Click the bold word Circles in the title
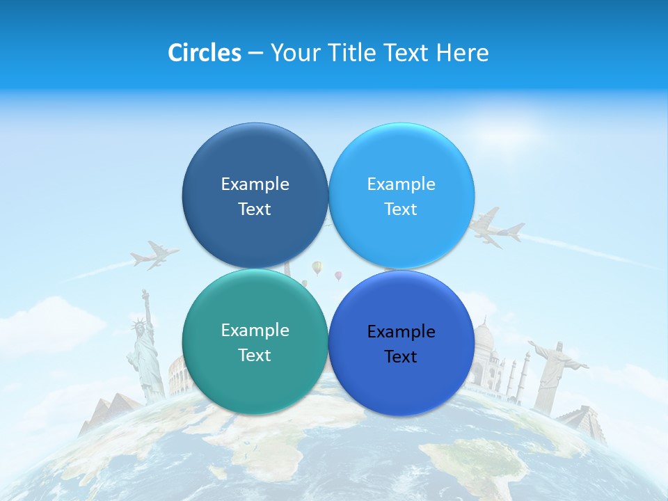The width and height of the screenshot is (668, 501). coord(204,53)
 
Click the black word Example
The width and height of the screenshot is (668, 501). coord(401,331)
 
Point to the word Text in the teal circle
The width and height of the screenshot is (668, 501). coord(255,355)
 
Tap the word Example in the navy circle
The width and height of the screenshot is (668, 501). coord(255,184)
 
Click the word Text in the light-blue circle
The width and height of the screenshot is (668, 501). coord(401,209)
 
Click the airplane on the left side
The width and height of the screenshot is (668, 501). coord(154,255)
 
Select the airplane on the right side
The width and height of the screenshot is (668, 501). coord(495,228)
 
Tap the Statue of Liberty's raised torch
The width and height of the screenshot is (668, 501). coord(145,294)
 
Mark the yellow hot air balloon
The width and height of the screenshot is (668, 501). coord(317,267)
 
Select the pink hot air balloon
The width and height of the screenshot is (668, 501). coord(338,276)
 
